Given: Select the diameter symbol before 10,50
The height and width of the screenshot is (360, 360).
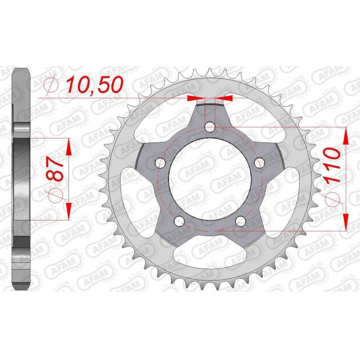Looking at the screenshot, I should [50, 85].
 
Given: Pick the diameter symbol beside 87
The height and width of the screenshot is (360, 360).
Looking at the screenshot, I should [55, 196].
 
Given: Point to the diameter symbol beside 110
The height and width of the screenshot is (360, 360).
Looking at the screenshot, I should [333, 198].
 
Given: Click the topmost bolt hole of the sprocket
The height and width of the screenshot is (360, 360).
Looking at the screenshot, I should [210, 127].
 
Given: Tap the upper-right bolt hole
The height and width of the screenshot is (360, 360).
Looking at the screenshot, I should [259, 163].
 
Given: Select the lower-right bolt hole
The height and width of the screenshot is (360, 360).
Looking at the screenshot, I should [240, 221].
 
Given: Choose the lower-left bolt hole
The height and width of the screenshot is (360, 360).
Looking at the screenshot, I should [179, 221].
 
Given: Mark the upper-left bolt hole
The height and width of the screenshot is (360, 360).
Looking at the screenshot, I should [160, 163].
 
